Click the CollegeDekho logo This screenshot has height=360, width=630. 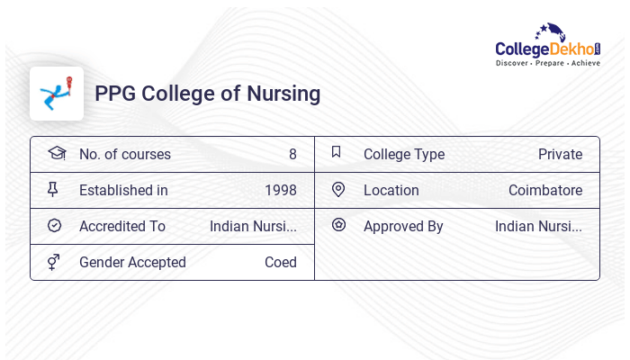[x=548, y=46]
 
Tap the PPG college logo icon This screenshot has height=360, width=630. [x=57, y=94]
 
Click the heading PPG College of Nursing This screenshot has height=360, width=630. [x=207, y=94]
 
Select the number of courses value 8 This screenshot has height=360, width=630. [x=292, y=155]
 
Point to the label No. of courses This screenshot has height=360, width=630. [x=124, y=155]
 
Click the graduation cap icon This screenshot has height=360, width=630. [x=56, y=153]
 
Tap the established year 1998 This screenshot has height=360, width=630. [x=281, y=191]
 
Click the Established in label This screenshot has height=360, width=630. [x=123, y=191]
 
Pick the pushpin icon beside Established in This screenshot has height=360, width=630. [x=53, y=190]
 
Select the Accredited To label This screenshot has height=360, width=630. [x=122, y=227]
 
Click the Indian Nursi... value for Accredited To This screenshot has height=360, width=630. [x=253, y=227]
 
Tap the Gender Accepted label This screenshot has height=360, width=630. [x=132, y=263]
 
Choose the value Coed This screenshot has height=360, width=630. [x=281, y=263]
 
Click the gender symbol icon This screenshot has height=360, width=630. [x=54, y=262]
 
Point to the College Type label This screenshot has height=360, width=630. [x=404, y=155]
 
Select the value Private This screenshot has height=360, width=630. [x=560, y=155]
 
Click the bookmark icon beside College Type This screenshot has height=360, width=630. [x=337, y=153]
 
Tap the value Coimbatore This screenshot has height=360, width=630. [x=545, y=191]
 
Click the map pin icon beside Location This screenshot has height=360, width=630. [x=338, y=190]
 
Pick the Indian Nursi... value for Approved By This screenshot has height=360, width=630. [x=538, y=227]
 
